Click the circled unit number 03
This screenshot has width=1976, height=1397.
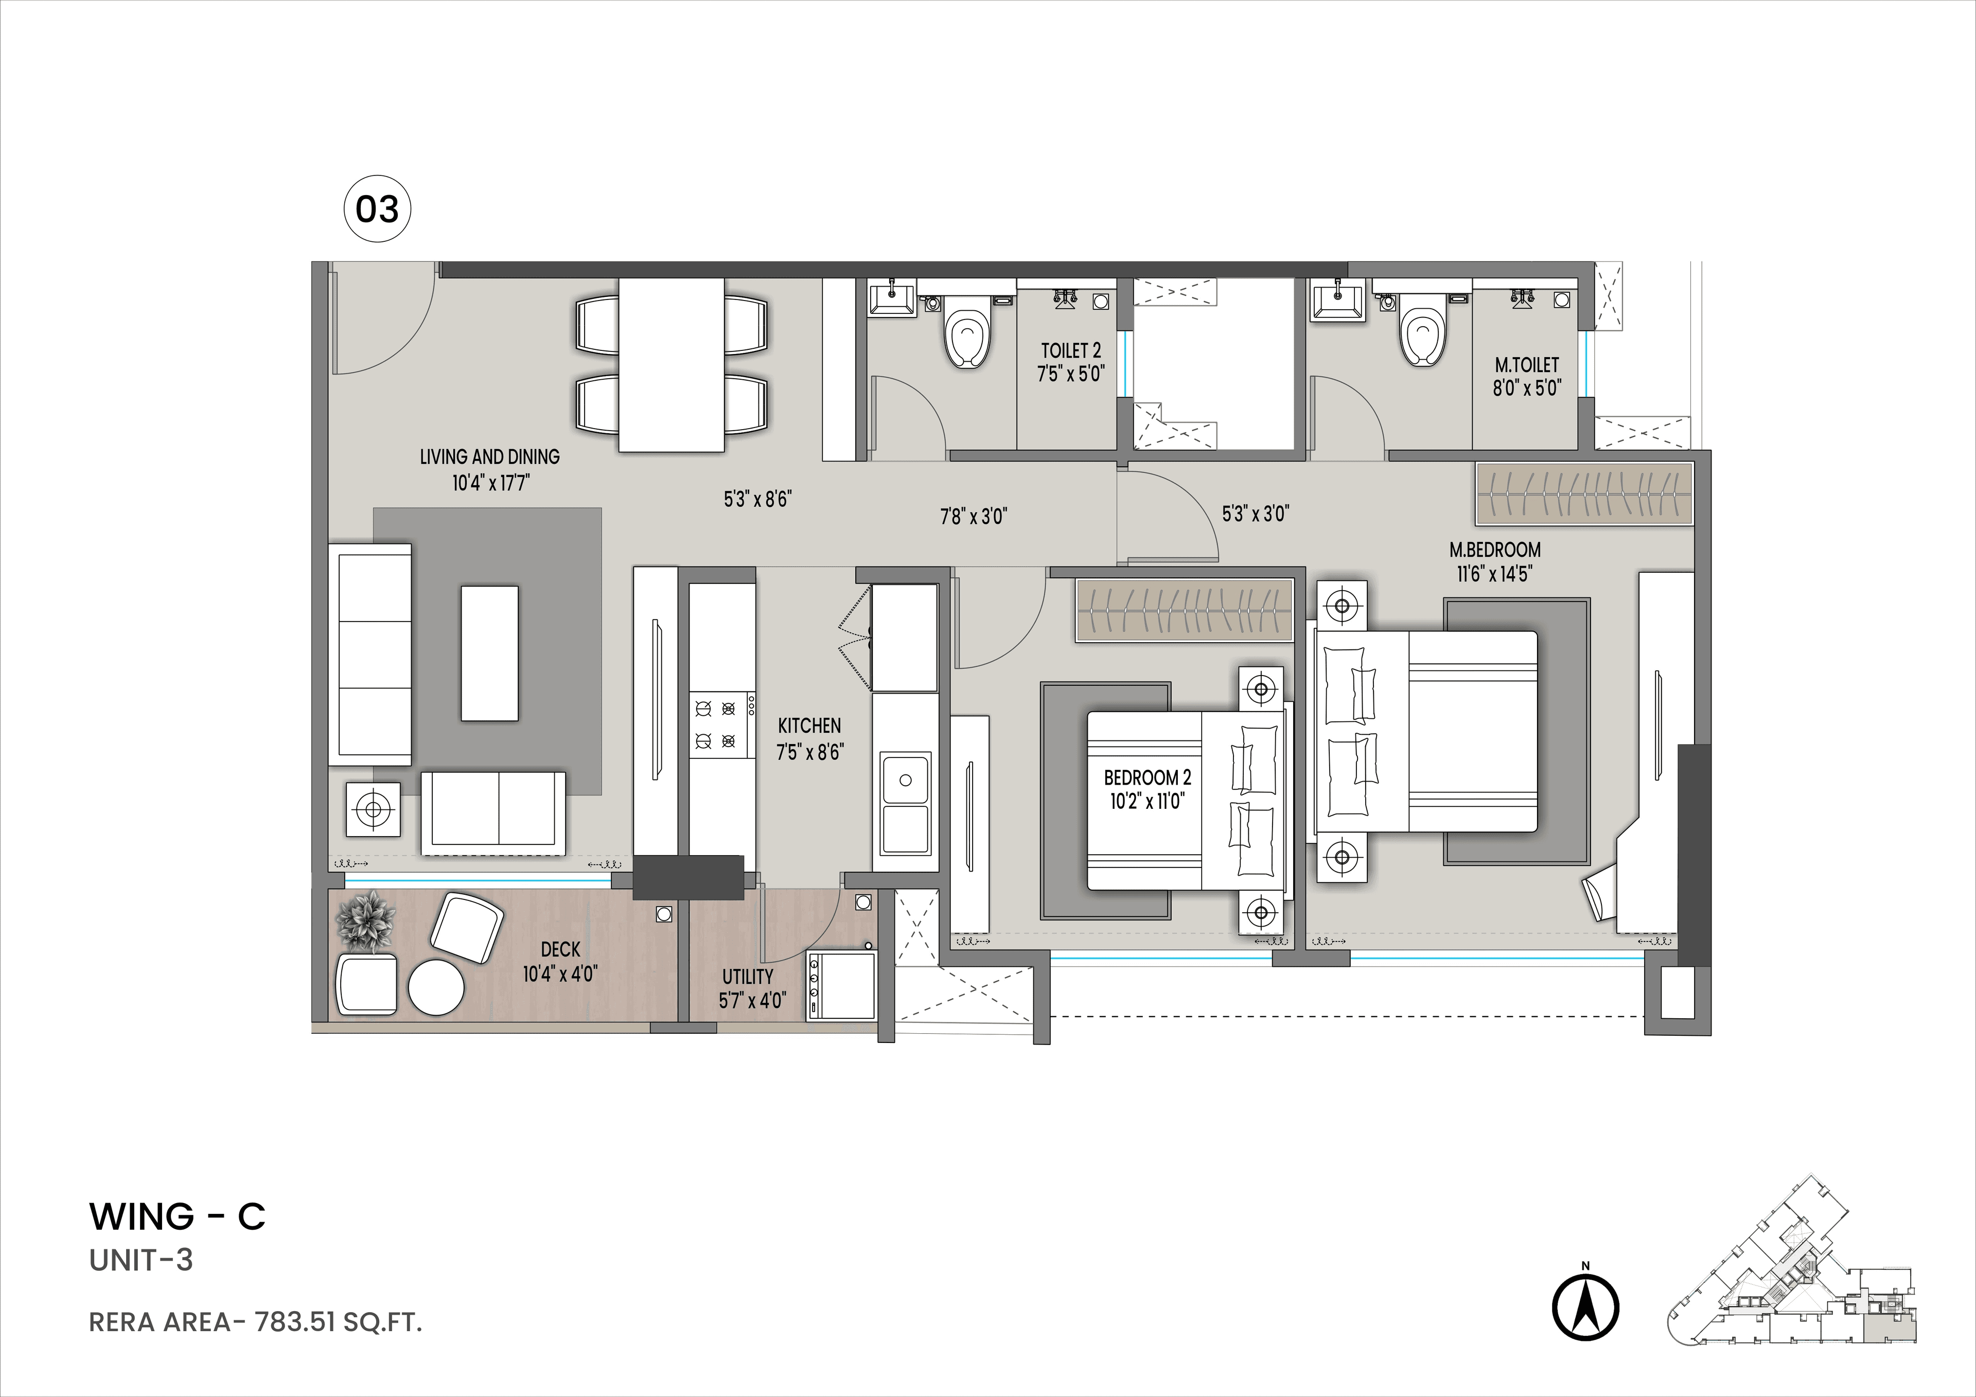[377, 209]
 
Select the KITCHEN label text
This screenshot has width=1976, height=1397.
[809, 726]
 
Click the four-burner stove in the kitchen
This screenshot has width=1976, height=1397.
[715, 725]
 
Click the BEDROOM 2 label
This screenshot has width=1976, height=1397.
[1147, 778]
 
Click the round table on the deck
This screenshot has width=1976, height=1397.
[435, 987]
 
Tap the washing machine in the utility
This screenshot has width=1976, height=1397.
[840, 986]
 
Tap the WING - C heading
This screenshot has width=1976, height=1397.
[178, 1216]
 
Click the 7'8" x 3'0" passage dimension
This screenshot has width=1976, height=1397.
[973, 517]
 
